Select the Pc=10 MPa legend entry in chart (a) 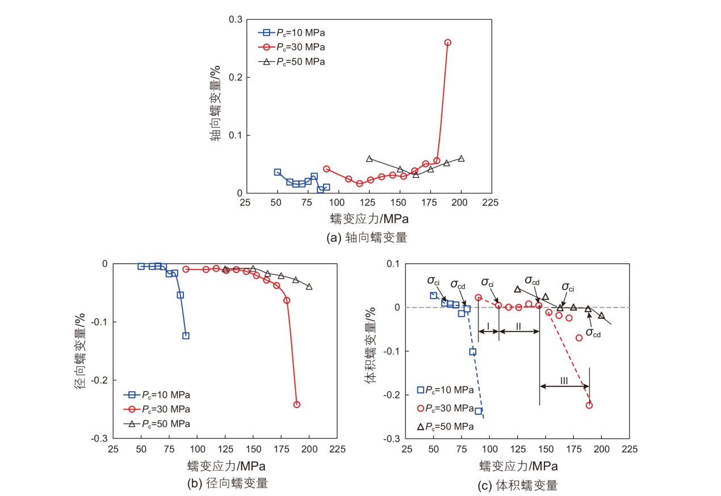(292, 32)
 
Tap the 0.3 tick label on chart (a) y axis (236, 20)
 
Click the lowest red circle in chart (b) (296, 405)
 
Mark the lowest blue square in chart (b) (186, 335)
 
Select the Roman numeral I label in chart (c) (488, 325)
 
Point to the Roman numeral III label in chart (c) (564, 381)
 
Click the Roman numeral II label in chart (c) (518, 325)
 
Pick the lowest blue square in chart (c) (478, 411)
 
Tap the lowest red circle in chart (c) (589, 405)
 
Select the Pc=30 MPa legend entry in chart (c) (446, 408)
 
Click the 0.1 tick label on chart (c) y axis (392, 264)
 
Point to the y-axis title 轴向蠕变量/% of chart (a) (216, 105)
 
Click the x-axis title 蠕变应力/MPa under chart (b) (227, 466)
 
